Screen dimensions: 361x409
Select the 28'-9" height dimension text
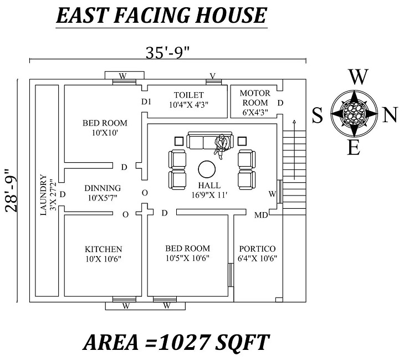(x=12, y=190)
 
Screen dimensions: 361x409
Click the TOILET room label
(x=188, y=95)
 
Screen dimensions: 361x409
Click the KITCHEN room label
(x=103, y=249)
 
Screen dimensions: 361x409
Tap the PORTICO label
(x=257, y=248)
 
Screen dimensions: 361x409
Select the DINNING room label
(x=103, y=188)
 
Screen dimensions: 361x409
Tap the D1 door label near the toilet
(x=146, y=102)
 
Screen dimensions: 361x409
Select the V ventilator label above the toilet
(x=212, y=76)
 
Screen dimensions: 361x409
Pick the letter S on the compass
(x=318, y=115)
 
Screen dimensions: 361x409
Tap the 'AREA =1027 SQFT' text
(x=176, y=342)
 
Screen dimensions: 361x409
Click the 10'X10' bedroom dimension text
(x=105, y=133)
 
